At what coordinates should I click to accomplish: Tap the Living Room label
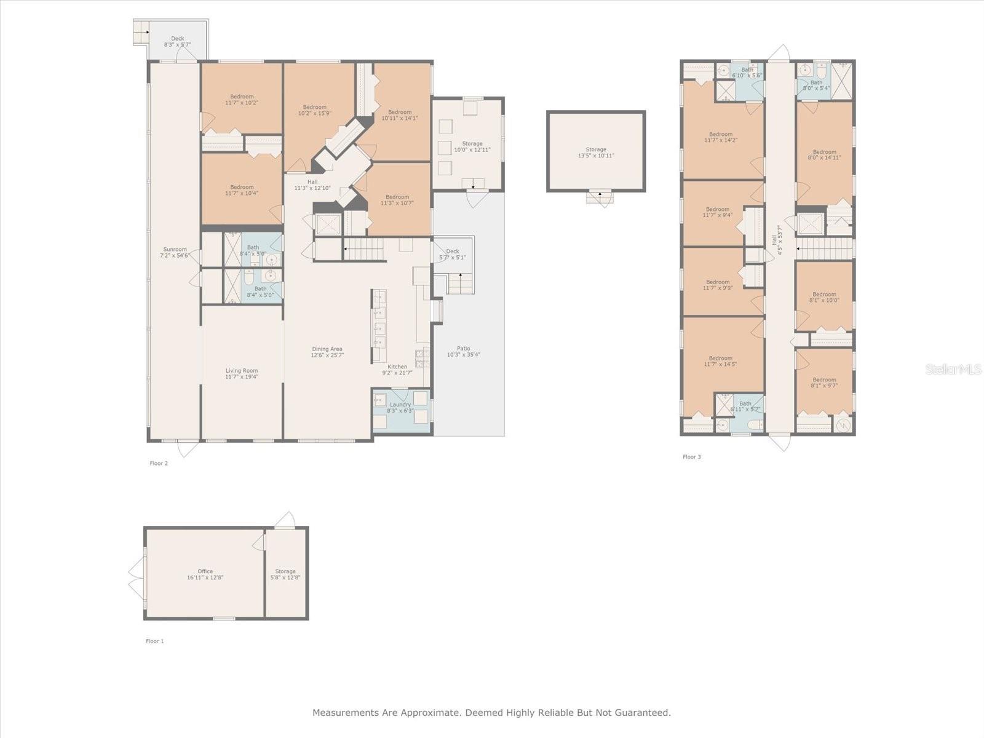242,373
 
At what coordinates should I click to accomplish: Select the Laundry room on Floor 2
400,407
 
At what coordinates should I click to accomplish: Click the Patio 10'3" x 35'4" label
463,351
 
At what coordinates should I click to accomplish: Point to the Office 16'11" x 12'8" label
205,574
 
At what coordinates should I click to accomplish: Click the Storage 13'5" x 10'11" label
595,153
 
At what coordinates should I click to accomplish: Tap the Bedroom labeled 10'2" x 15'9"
314,110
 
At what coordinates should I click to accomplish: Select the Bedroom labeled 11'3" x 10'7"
397,200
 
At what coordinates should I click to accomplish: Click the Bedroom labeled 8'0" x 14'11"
824,154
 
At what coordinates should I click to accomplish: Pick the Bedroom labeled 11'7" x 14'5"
720,361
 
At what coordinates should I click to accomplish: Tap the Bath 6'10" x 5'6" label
747,73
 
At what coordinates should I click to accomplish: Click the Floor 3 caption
691,457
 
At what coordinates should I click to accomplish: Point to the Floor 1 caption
154,641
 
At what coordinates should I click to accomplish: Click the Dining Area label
327,352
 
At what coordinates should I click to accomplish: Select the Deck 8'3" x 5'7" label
177,42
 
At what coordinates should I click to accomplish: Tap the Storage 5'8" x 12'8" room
285,574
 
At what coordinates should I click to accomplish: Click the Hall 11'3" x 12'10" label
312,184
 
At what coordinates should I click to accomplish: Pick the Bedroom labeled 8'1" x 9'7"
823,383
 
